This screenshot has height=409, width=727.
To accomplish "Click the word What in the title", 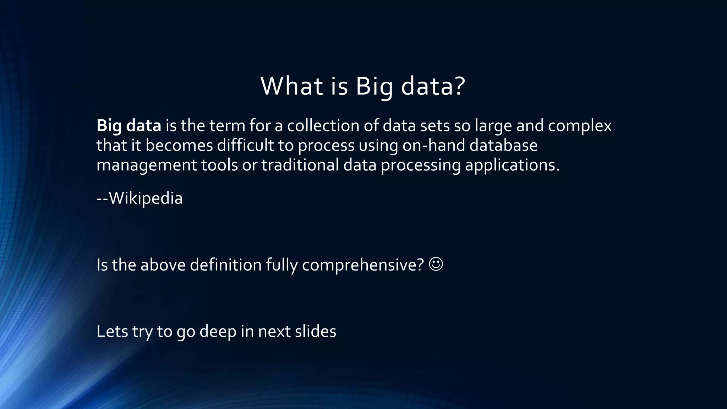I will pos(291,86).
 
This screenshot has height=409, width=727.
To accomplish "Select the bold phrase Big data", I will pos(129,126).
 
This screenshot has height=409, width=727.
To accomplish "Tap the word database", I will pos(503,146).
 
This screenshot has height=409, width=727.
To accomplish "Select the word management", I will pos(147,165).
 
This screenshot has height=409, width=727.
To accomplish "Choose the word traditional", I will pos(300,165).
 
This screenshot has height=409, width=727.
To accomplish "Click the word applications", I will pos(512,165).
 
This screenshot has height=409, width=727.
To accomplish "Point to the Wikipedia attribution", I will pos(140,198).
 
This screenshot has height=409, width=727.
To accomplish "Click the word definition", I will pos(225,265).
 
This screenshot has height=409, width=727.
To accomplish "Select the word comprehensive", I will pos(363,265).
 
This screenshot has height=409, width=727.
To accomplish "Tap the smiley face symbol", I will pos(436,264).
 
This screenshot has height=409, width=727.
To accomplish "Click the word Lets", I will pos(112,331).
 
